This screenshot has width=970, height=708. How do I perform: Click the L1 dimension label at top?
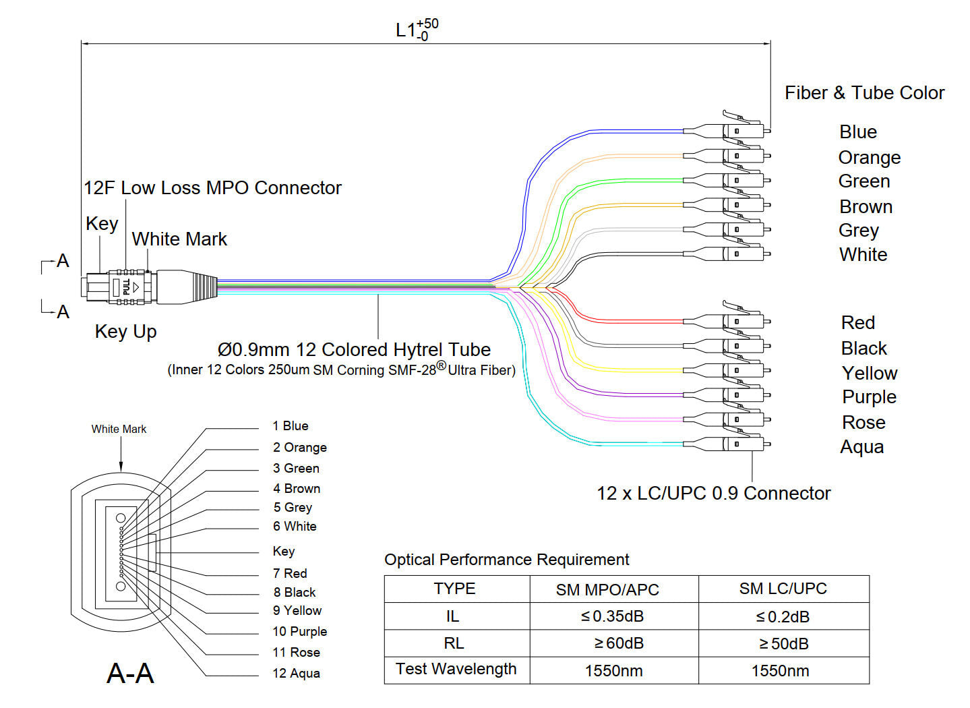pyautogui.click(x=416, y=30)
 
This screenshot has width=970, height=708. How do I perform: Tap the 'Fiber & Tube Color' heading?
pyautogui.click(x=864, y=93)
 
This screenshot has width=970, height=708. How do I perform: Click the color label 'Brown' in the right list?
pyautogui.click(x=866, y=207)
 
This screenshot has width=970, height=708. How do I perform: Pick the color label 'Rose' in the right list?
pyautogui.click(x=863, y=423)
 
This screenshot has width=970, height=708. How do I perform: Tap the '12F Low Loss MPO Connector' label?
pyautogui.click(x=212, y=188)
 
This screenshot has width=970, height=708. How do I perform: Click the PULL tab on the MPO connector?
pyautogui.click(x=127, y=287)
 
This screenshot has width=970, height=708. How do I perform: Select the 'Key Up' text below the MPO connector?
pyautogui.click(x=126, y=332)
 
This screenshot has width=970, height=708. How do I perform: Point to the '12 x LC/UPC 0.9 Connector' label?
pyautogui.click(x=713, y=494)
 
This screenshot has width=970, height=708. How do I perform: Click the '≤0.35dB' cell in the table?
pyautogui.click(x=613, y=616)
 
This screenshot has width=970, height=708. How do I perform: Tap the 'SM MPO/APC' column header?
pyautogui.click(x=607, y=590)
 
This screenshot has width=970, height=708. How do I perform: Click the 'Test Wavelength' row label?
pyautogui.click(x=456, y=669)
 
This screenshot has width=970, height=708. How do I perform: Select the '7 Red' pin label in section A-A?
pyautogui.click(x=291, y=574)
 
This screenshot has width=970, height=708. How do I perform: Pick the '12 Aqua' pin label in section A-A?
pyautogui.click(x=297, y=674)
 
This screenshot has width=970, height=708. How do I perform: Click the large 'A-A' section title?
pyautogui.click(x=131, y=674)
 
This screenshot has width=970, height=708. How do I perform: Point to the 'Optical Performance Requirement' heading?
pyautogui.click(x=506, y=560)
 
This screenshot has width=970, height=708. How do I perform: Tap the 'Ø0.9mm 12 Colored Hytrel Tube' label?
pyautogui.click(x=354, y=350)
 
